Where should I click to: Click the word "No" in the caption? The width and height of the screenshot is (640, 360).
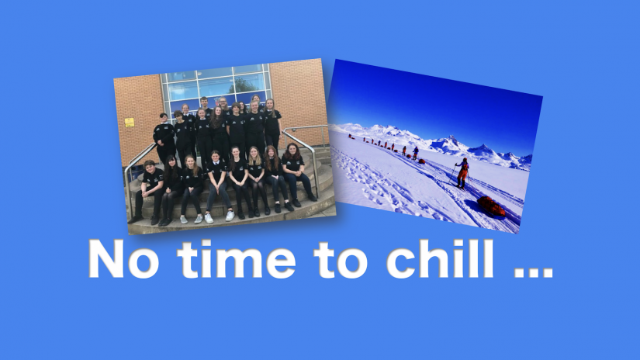tap(123, 259)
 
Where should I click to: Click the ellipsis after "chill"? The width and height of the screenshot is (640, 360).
tap(533, 272)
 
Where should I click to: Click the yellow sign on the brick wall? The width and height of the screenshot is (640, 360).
tap(130, 122)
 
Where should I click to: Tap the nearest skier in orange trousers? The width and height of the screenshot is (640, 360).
tap(462, 173)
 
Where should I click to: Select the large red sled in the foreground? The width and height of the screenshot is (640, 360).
tap(491, 206)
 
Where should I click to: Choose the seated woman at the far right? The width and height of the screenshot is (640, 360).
tap(297, 171)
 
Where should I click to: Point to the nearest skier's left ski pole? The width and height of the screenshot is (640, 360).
tap(452, 175)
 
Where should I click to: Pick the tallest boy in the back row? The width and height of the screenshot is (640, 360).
tap(204, 107)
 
